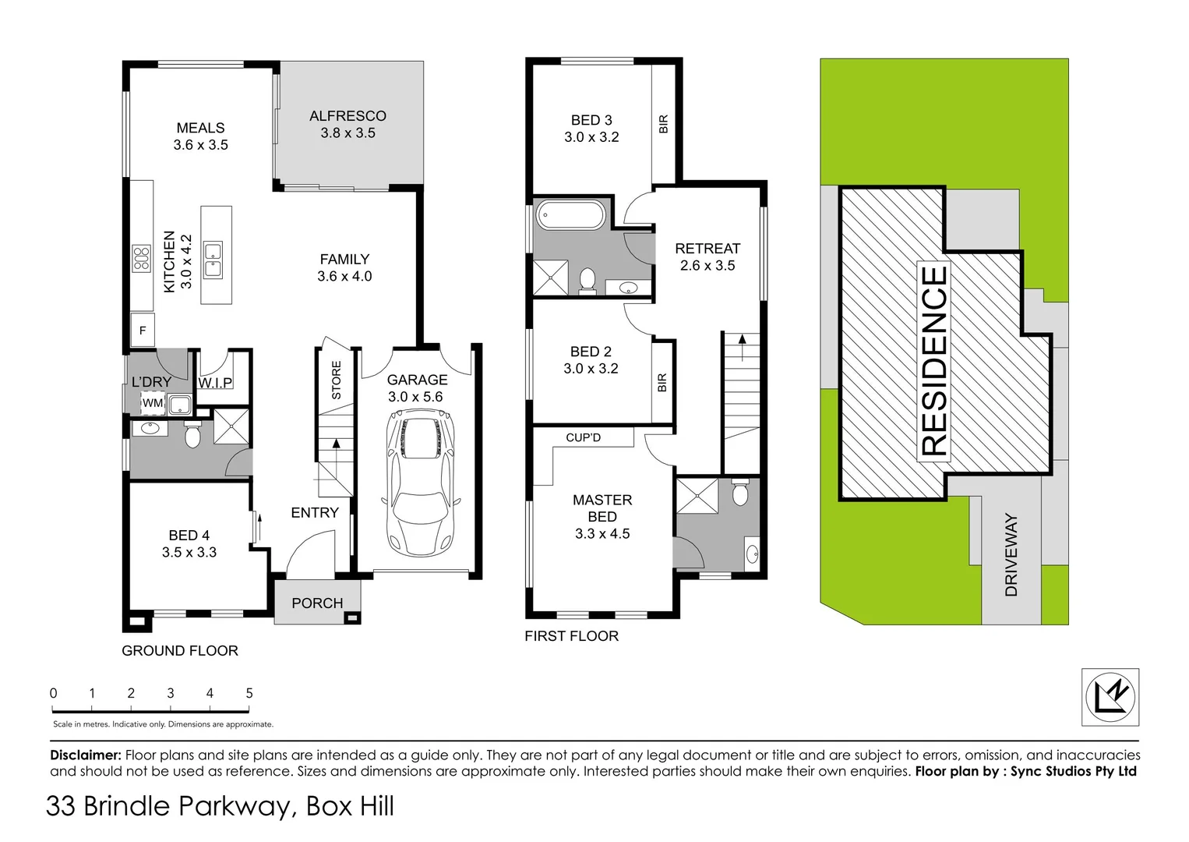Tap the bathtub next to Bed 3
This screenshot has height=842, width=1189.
point(570,215)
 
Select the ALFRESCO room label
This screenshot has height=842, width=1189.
point(348,116)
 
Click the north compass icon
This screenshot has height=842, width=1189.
point(1110,697)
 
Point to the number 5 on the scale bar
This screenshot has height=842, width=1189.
point(249,693)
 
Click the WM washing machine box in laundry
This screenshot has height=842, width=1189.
point(153,403)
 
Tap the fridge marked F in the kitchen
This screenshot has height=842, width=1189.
point(143,331)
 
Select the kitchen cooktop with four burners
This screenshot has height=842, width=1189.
point(141,258)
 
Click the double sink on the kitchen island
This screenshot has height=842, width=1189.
point(213,260)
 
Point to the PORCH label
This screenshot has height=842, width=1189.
point(317,603)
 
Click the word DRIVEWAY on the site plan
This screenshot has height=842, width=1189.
point(1011,554)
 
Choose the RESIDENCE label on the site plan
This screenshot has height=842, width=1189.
point(934,361)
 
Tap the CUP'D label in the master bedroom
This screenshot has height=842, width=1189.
point(583,437)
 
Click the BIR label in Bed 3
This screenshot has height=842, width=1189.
point(664,124)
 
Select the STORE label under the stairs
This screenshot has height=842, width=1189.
point(337,380)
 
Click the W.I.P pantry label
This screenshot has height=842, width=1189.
point(215,383)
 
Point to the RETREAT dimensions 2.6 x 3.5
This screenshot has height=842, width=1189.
point(707,266)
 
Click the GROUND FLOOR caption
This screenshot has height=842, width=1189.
point(180,651)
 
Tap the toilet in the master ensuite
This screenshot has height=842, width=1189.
point(740,493)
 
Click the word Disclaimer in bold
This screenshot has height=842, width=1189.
point(86,755)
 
